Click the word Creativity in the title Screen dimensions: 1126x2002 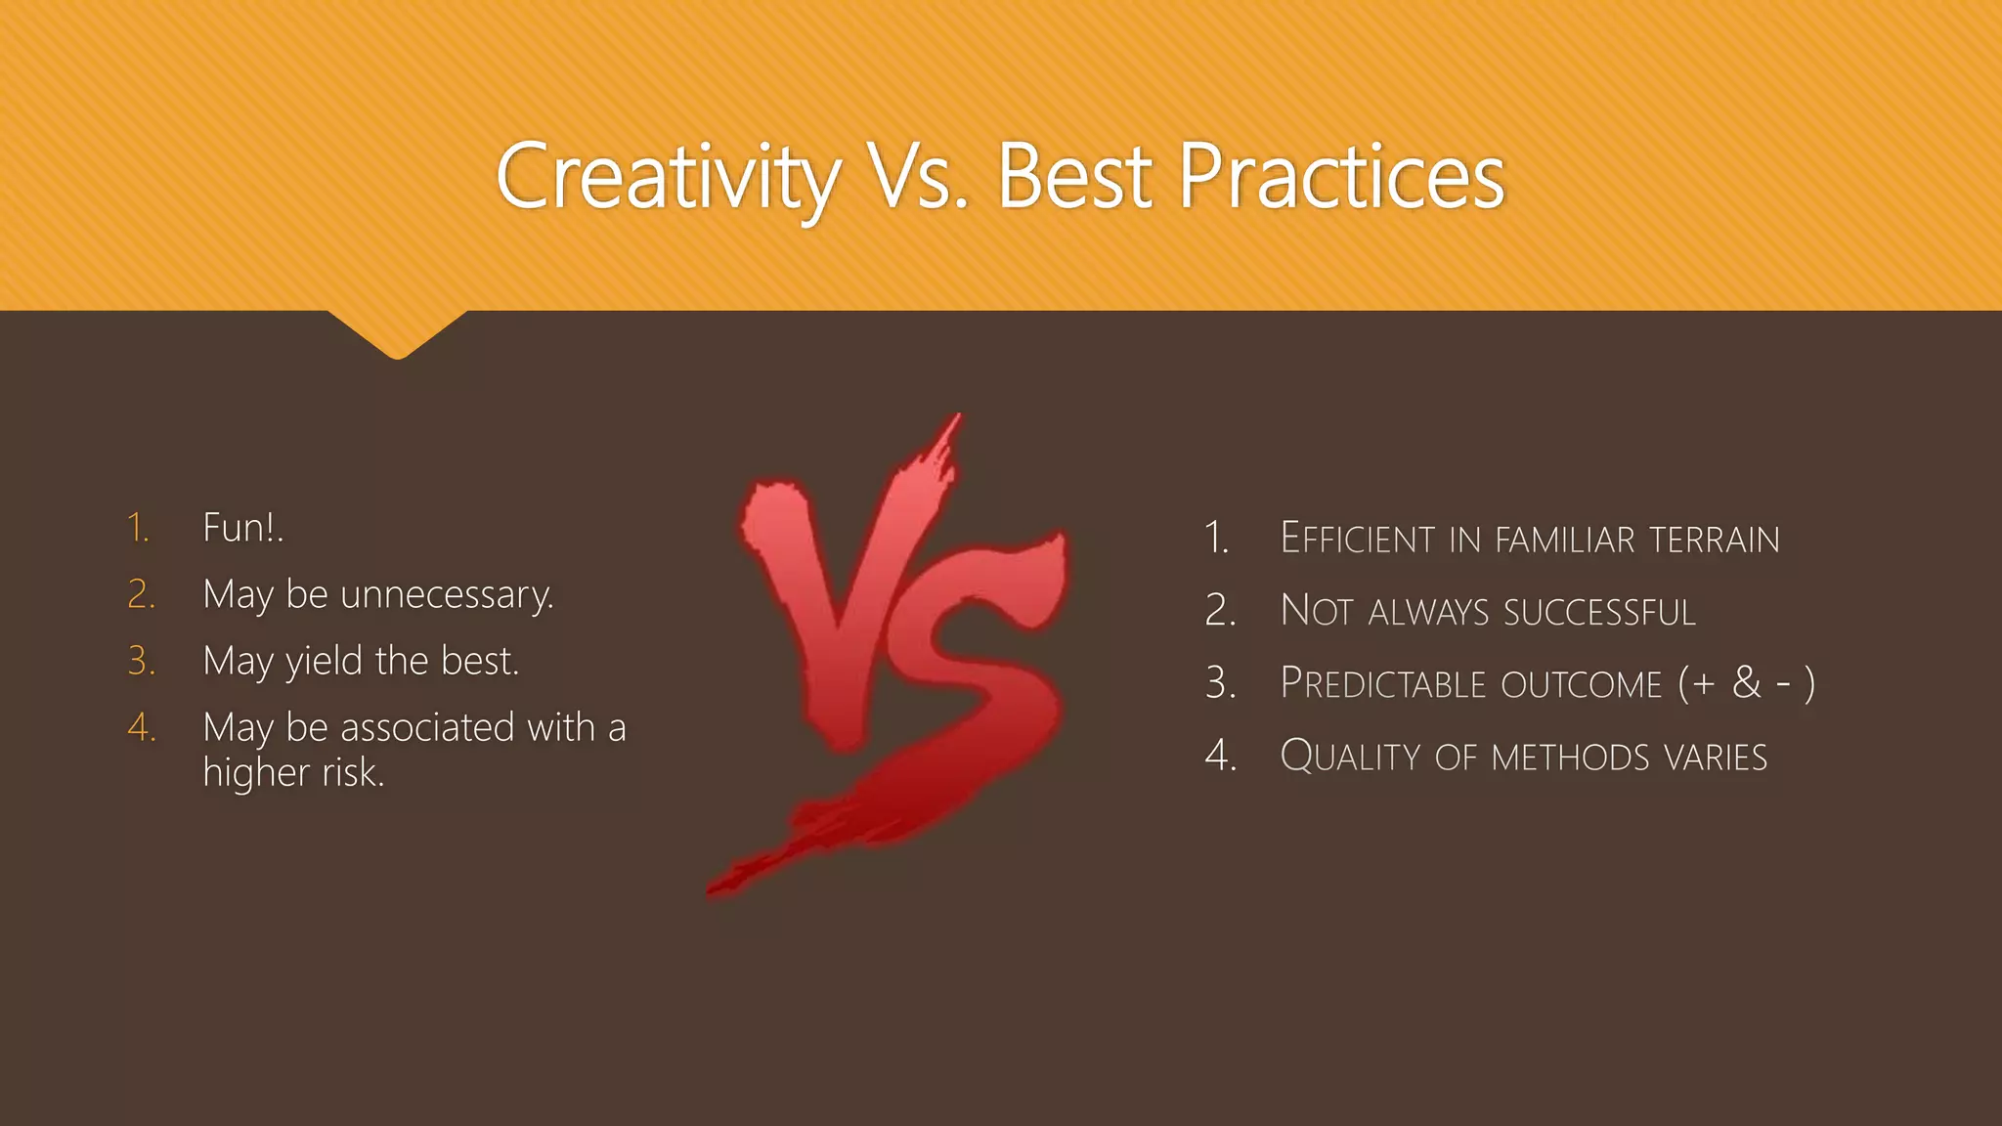(668, 177)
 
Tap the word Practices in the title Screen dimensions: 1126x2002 (1341, 177)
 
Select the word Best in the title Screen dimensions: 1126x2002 (1075, 177)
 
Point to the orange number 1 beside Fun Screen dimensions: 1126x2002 (138, 528)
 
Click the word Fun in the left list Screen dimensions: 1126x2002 (235, 528)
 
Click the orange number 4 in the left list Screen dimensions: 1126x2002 (141, 728)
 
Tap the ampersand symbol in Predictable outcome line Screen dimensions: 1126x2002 (1746, 682)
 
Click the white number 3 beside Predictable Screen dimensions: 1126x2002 (1219, 682)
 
